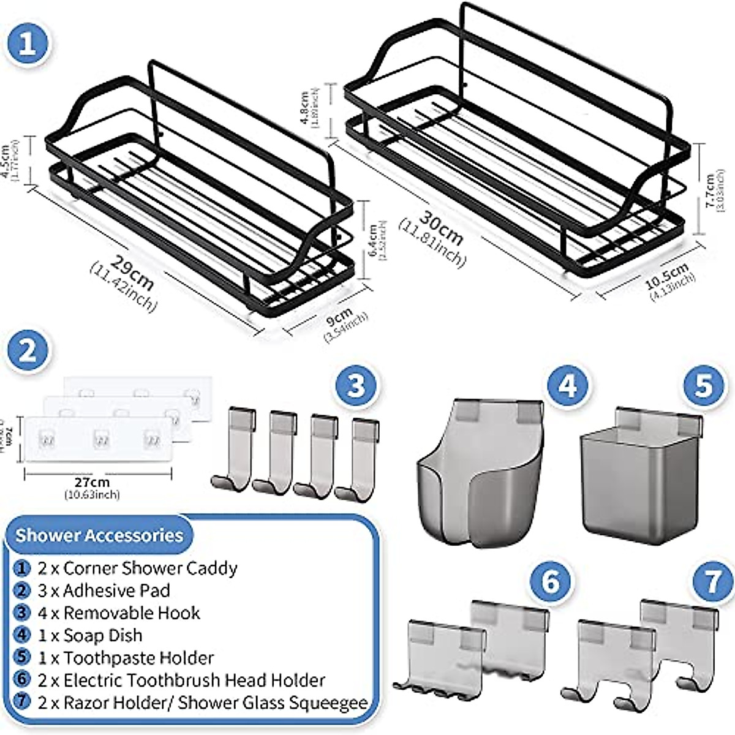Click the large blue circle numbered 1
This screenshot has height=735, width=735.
28,44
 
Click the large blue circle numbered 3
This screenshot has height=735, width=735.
356,386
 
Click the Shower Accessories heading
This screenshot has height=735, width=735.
99,535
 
